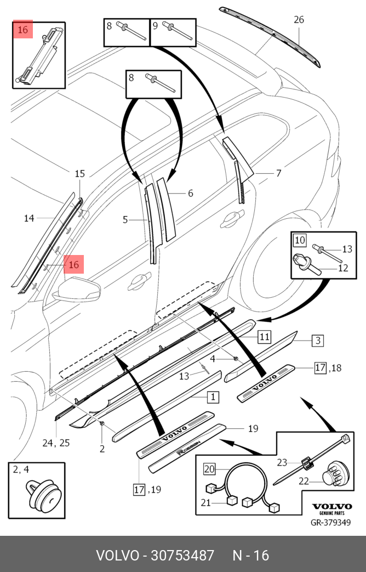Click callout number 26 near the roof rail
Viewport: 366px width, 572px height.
tap(299, 20)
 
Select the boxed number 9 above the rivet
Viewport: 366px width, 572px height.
tap(155, 25)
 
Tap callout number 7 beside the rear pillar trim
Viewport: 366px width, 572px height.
tap(278, 173)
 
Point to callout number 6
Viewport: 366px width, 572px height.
tap(190, 193)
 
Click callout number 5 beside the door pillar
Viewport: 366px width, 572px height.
tap(125, 220)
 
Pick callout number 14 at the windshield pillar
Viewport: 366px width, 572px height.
tap(29, 218)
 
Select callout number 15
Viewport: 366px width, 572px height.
tap(80, 174)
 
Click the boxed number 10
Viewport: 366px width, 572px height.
tap(300, 240)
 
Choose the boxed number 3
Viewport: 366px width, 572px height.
tap(318, 341)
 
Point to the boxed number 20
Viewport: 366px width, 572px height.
tap(209, 468)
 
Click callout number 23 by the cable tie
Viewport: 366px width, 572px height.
tap(282, 462)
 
